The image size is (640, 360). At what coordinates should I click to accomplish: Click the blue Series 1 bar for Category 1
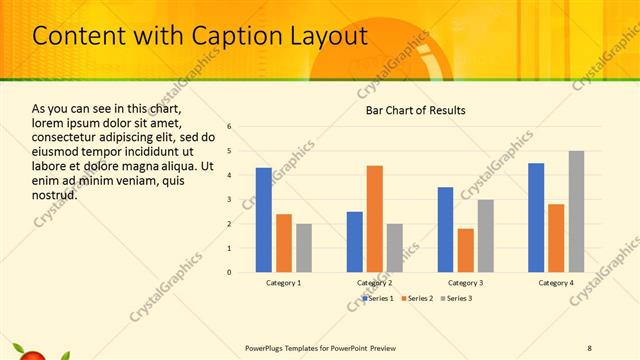264,220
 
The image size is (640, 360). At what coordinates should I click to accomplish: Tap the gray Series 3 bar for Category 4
577,211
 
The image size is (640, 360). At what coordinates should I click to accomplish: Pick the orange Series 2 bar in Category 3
466,250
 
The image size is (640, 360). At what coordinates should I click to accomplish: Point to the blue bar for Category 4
536,217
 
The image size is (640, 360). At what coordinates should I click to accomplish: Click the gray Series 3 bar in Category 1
304,247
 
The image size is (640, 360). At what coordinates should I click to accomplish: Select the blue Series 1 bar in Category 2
355,241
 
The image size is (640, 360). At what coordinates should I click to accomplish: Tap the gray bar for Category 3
486,235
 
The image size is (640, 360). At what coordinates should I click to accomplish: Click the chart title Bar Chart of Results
415,110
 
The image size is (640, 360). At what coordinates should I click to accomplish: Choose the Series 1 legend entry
377,298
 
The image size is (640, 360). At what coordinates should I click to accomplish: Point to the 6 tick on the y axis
230,127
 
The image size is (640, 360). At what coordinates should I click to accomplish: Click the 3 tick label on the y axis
230,199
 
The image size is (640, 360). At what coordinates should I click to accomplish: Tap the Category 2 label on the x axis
375,283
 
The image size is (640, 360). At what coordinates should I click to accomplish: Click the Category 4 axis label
556,283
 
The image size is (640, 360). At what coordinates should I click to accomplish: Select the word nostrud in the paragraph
54,194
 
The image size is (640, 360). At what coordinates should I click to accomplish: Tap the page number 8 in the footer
589,348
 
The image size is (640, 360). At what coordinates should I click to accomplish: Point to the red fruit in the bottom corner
31,354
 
